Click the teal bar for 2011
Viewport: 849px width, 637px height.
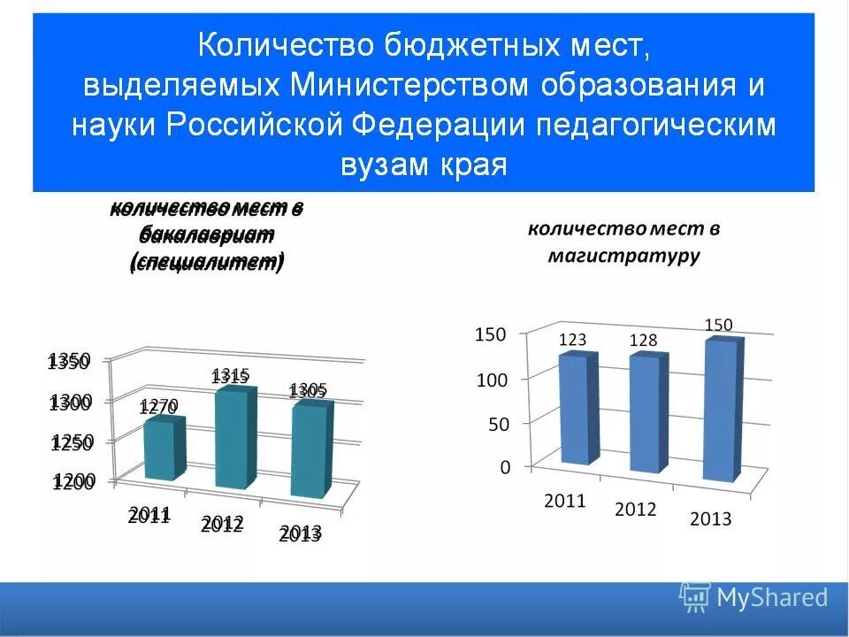pyautogui.click(x=164, y=449)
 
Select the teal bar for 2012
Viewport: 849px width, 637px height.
pyautogui.click(x=235, y=439)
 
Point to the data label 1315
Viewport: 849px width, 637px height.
pyautogui.click(x=231, y=376)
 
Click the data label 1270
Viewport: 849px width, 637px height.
pyautogui.click(x=159, y=407)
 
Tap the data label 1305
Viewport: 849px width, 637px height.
pyautogui.click(x=309, y=391)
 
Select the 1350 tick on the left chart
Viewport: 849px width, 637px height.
pyautogui.click(x=69, y=360)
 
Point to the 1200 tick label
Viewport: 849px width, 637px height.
pyautogui.click(x=73, y=482)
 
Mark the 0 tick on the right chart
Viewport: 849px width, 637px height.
pyautogui.click(x=505, y=467)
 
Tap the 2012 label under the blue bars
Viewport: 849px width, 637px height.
pyautogui.click(x=635, y=510)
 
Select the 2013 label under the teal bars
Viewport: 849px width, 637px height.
pyautogui.click(x=300, y=533)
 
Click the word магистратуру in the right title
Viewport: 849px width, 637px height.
pyautogui.click(x=623, y=257)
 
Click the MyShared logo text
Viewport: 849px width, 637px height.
pyautogui.click(x=771, y=598)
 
